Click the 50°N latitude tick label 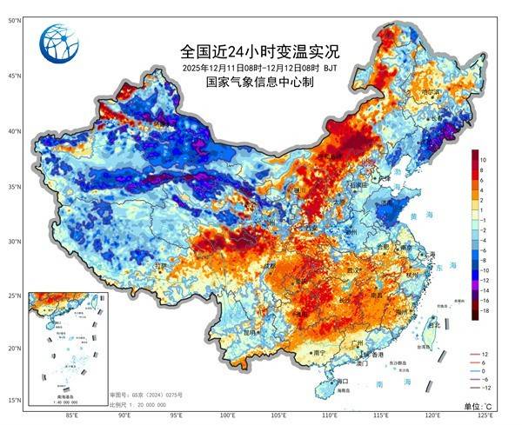click(x=15, y=19)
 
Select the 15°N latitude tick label click(x=15, y=400)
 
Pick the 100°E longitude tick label click(x=227, y=415)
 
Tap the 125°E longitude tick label click(x=486, y=415)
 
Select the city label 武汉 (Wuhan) click(x=355, y=269)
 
